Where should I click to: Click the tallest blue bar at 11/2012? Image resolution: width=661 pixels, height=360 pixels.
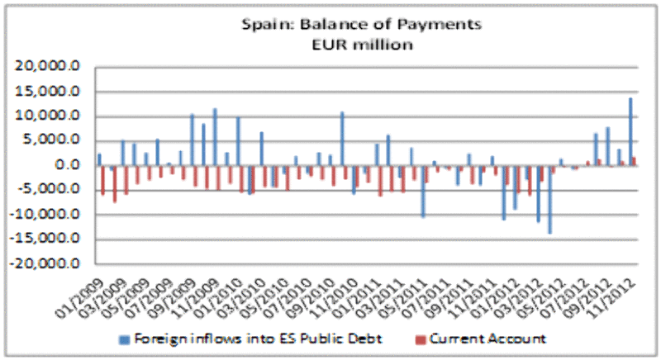[x=631, y=132]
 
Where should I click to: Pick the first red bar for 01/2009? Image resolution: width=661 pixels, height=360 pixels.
[x=103, y=180]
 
